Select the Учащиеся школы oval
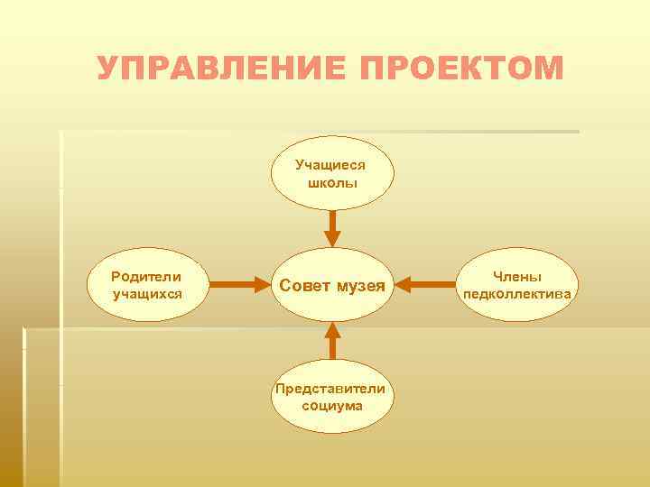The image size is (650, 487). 332,173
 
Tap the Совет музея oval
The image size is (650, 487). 332,286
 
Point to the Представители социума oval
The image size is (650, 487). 332,397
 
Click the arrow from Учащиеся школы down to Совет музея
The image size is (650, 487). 332,228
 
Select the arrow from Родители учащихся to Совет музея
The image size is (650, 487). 241,285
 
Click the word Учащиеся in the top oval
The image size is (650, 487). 330,165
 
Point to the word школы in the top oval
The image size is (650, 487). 332,182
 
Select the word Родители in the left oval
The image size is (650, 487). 146,276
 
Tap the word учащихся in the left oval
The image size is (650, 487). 146,293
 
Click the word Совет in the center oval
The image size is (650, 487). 305,286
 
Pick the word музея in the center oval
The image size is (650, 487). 360,286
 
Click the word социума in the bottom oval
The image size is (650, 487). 332,406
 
